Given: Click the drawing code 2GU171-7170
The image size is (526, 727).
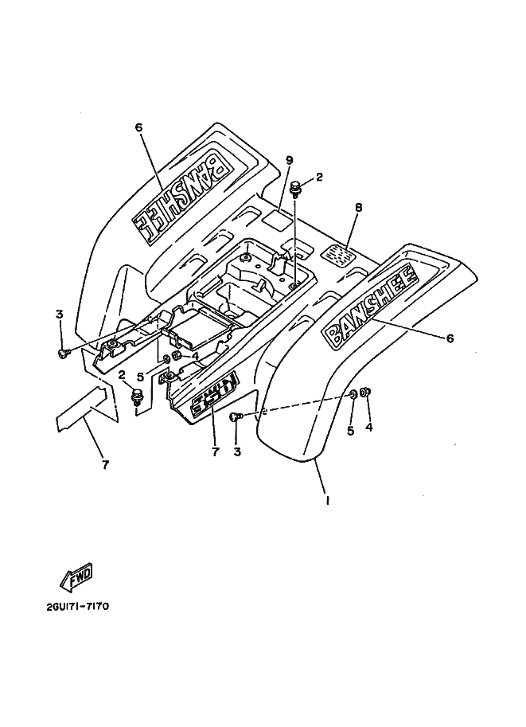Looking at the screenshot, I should (77, 606).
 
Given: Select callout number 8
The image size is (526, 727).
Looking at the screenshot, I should (358, 208).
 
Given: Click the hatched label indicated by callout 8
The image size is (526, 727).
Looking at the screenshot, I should (340, 255).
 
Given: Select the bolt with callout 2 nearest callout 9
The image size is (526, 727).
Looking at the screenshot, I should (297, 189).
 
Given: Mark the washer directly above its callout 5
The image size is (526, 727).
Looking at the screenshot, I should (353, 395).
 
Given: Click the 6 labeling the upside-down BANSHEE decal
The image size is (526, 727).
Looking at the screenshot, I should (138, 127).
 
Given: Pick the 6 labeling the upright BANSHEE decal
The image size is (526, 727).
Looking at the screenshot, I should (450, 338).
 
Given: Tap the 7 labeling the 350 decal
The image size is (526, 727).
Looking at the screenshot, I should (213, 452).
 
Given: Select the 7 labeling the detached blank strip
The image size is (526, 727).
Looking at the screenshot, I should (105, 463).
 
